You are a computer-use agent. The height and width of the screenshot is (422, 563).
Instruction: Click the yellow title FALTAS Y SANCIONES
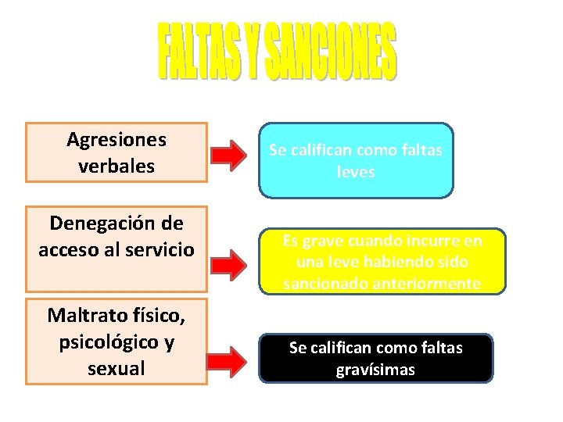tap(278, 52)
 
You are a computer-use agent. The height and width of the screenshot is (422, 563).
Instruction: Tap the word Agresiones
tap(117, 140)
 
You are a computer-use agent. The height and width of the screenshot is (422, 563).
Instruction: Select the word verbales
tap(117, 166)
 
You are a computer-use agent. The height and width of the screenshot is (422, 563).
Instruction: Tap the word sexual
tap(117, 367)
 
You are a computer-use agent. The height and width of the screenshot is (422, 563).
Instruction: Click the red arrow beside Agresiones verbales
tap(232, 156)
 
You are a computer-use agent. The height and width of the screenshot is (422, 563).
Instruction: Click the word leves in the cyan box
tap(356, 172)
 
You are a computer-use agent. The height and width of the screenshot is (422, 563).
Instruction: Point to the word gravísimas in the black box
tap(375, 370)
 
